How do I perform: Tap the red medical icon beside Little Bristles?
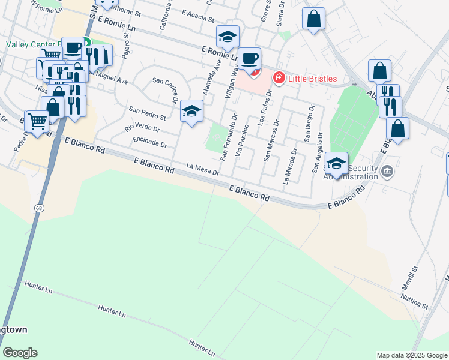tap(279, 78)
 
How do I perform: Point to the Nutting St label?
tap(414, 302)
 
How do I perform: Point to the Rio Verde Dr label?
tap(142, 128)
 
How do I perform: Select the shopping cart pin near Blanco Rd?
tap(37, 122)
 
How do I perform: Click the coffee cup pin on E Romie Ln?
tap(250, 59)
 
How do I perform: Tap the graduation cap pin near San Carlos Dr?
tap(191, 111)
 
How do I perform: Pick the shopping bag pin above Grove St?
tap(313, 19)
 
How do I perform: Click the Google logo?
tap(20, 353)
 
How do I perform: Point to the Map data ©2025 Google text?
tap(411, 355)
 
